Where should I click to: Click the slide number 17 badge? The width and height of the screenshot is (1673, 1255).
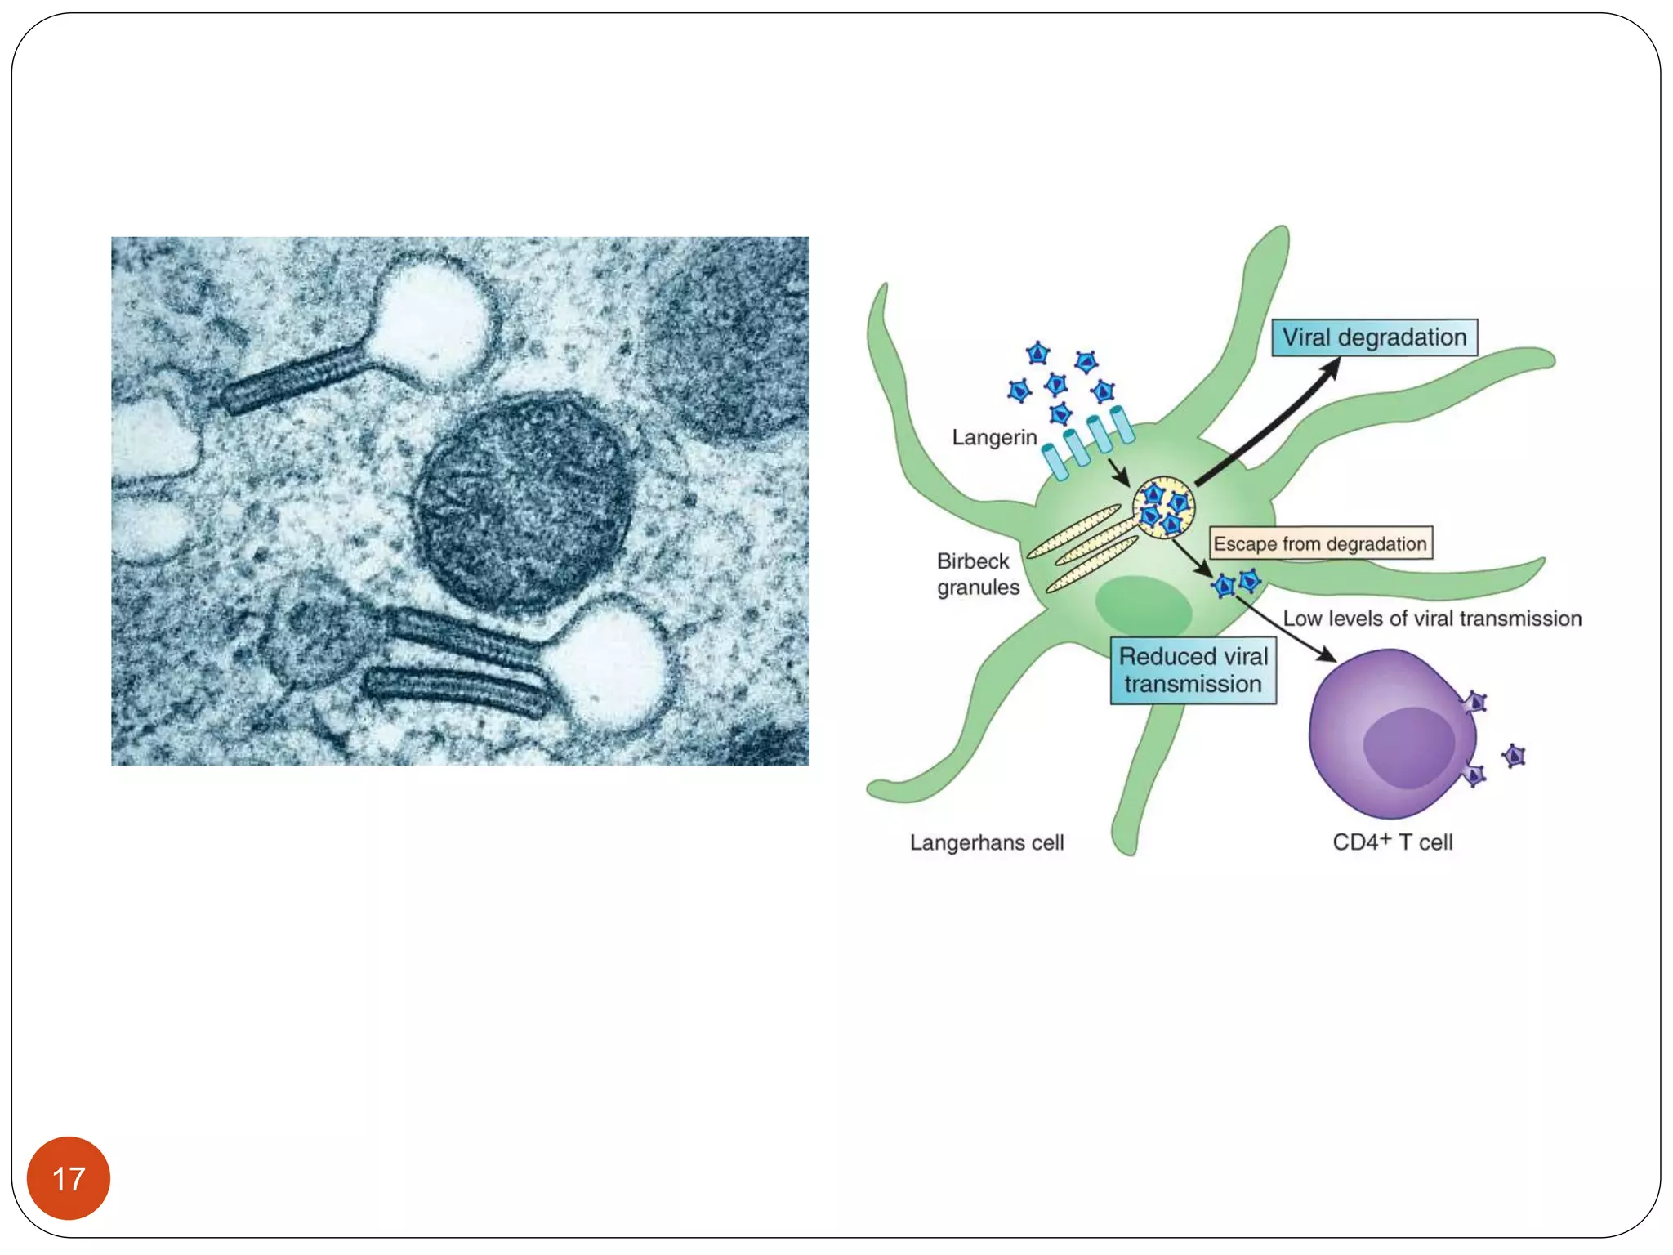point(69,1177)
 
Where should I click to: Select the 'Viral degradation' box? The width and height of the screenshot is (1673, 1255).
point(1374,337)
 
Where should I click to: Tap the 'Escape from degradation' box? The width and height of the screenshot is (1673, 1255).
point(1320,543)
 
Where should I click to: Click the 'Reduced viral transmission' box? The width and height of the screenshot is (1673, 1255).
point(1193,670)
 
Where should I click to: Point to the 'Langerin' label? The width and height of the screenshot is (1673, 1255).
point(994,438)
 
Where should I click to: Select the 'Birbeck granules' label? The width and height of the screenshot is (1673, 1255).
point(978,574)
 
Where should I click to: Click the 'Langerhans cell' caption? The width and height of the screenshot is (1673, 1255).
point(987,842)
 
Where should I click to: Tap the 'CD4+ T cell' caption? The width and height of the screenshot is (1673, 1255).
point(1392,842)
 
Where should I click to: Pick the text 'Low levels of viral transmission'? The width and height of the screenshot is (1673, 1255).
point(1432,619)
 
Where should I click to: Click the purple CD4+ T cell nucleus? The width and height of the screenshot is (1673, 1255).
point(1408,747)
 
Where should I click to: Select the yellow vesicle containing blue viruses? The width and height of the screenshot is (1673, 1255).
point(1163,507)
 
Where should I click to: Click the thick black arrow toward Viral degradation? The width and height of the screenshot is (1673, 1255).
point(1266,423)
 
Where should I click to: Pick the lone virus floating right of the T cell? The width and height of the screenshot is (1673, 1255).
point(1514,756)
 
